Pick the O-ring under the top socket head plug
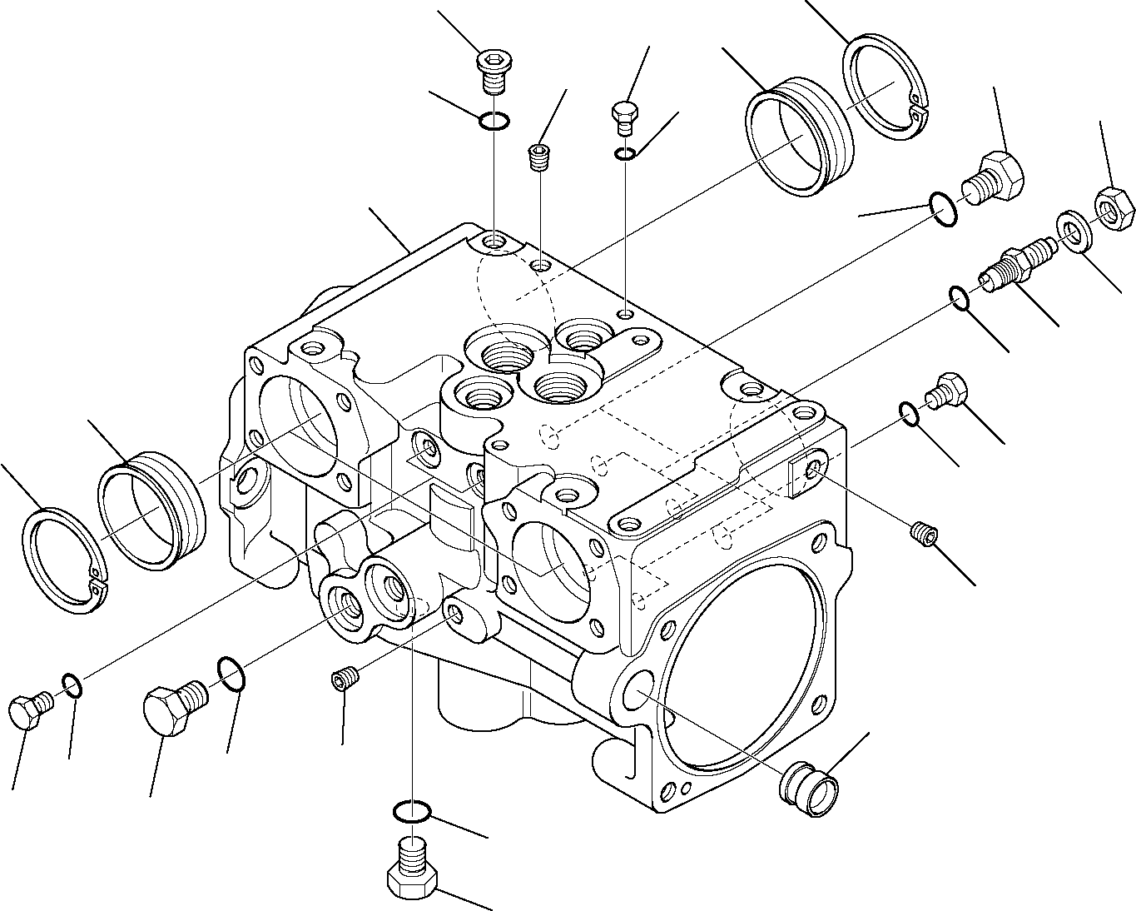[x=494, y=122]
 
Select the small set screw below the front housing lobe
[x=344, y=679]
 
